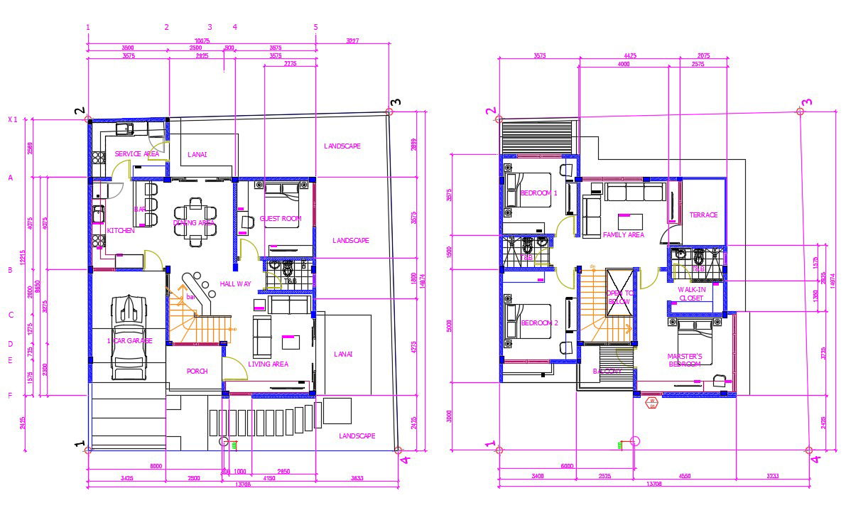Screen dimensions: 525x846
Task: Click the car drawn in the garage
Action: coord(129,337)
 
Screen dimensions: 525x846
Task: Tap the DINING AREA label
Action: coord(194,222)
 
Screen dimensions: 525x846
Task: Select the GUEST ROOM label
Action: coord(281,219)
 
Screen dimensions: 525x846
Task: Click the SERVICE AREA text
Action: coord(136,153)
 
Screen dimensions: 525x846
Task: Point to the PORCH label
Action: coord(197,371)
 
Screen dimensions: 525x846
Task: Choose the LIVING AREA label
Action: coord(268,364)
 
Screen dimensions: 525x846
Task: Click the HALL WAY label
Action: coord(235,283)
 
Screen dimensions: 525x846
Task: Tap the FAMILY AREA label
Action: coord(623,234)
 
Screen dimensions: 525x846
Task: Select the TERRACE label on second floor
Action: coord(703,215)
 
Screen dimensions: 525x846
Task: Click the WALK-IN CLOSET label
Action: coord(690,294)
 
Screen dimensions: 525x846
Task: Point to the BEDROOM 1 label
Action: coord(538,193)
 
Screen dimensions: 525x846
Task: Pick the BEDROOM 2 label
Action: coord(538,323)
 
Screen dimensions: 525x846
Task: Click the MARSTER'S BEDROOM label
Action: coord(685,360)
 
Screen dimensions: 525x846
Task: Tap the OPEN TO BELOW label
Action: coord(618,297)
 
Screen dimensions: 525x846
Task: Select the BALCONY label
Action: coord(607,371)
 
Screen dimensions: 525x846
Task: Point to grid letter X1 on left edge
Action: coord(12,119)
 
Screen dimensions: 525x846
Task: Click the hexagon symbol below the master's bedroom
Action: coord(651,403)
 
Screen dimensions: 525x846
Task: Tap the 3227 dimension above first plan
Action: coord(352,41)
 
